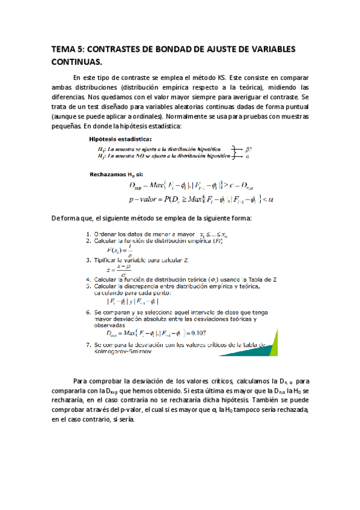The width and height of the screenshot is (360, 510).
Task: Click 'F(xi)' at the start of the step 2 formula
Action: click(x=115, y=249)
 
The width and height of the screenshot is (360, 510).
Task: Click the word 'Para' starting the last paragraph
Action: click(x=80, y=381)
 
